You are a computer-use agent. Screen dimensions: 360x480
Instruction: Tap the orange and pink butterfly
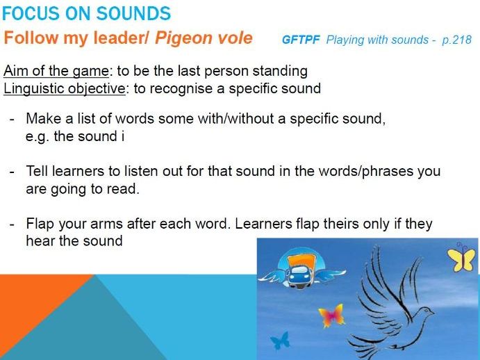[x=331, y=316]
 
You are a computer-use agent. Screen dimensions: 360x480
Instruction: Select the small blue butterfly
[x=279, y=341]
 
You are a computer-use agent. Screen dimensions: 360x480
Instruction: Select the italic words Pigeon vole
[x=204, y=38]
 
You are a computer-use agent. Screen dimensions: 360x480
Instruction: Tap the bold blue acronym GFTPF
[x=301, y=40]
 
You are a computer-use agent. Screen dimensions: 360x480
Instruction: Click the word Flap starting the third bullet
[x=40, y=224]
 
